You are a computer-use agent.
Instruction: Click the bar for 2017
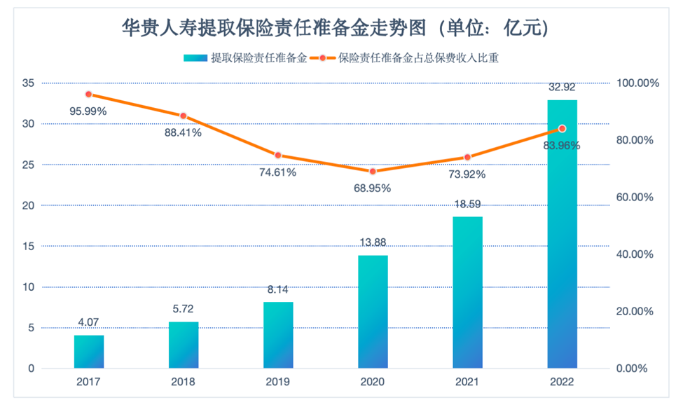point(89,352)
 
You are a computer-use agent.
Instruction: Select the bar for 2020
point(373,312)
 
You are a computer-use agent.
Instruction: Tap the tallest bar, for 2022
point(562,234)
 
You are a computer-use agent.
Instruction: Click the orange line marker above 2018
point(183,116)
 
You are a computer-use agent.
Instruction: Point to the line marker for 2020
point(373,171)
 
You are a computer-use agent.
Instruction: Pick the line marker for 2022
point(562,128)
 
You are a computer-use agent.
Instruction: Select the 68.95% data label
point(372,188)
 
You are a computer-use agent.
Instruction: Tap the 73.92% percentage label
point(467,174)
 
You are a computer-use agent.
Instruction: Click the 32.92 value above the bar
point(562,88)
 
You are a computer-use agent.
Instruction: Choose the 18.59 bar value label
point(467,205)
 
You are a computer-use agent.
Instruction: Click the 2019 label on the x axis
point(278,382)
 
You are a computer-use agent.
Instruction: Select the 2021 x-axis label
point(467,382)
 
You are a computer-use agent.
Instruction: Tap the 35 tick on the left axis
point(27,83)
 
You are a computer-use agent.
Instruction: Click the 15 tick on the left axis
point(27,247)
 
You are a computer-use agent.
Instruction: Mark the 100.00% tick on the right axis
point(637,83)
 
